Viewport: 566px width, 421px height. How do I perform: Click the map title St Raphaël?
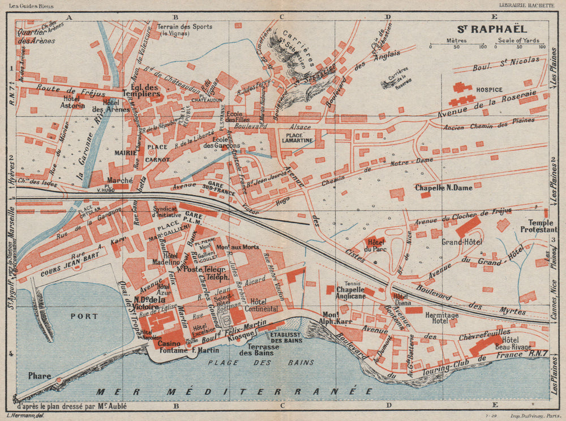pos(492,28)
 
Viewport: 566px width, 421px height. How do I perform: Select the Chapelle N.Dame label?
pos(440,187)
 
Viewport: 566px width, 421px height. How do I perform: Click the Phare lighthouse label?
pos(39,376)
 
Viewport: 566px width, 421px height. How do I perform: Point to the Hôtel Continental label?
pos(263,305)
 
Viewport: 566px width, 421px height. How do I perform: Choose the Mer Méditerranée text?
pos(234,391)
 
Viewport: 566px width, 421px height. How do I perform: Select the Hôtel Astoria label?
pos(74,101)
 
